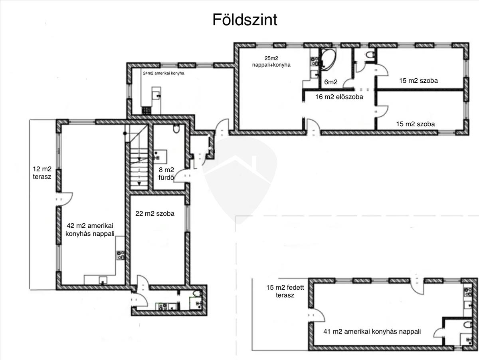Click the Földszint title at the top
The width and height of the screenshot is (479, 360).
click(245, 20)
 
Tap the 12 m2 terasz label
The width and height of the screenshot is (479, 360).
click(42, 173)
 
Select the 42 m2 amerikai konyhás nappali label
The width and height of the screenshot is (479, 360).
click(90, 230)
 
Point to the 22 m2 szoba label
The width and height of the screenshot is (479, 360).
click(155, 213)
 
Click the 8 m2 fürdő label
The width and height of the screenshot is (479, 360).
click(166, 174)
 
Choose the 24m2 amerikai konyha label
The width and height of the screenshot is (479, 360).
click(163, 73)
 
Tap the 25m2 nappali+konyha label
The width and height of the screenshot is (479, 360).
click(271, 62)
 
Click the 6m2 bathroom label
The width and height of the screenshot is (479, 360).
click(331, 82)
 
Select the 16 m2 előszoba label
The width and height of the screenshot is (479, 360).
click(339, 97)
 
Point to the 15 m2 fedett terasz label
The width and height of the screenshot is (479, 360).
click(285, 291)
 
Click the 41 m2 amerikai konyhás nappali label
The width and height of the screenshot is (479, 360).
click(372, 332)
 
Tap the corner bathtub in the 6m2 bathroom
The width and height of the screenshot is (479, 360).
click(327, 60)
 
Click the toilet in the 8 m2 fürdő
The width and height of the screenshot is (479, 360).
click(176, 129)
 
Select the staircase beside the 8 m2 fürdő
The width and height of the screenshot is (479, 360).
click(139, 157)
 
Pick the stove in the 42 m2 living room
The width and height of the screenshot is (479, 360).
click(121, 255)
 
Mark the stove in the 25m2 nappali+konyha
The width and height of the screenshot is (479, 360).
click(314, 61)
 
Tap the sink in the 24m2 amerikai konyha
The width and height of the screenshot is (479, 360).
click(156, 95)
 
